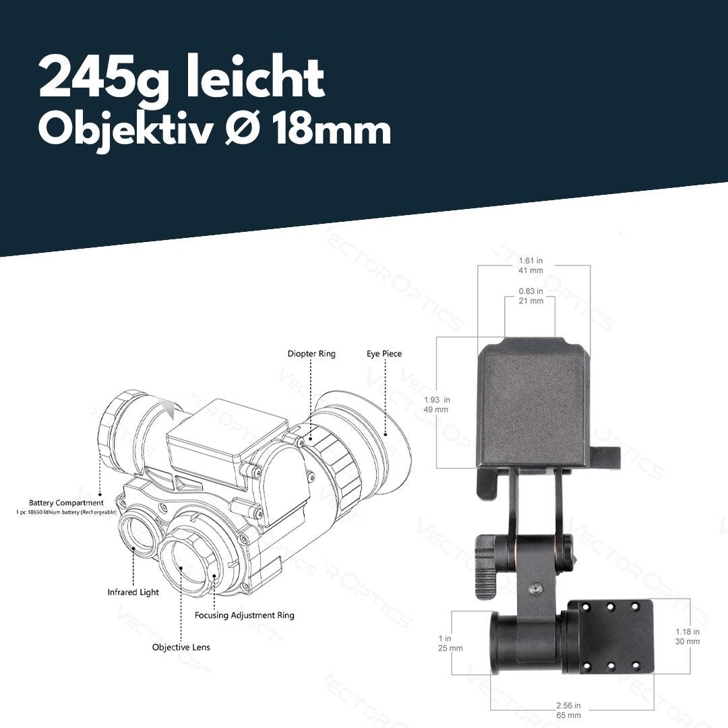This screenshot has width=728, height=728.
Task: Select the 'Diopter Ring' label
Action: (311, 354)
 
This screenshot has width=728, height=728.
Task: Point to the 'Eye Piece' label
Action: (384, 354)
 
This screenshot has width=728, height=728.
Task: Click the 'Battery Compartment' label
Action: (66, 503)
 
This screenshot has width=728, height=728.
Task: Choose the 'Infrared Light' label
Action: (133, 593)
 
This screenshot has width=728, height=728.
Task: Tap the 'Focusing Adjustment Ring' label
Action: (244, 615)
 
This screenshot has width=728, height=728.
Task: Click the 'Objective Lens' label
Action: (181, 647)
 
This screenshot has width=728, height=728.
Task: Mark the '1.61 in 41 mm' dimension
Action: (530, 265)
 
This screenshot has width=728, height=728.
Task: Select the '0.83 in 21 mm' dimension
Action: (530, 296)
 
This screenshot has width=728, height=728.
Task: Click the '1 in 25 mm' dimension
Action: (450, 643)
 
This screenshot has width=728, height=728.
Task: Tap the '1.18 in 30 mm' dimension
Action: (688, 636)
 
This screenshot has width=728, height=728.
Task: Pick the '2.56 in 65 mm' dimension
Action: (568, 710)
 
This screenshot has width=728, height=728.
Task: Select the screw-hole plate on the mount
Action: (611, 637)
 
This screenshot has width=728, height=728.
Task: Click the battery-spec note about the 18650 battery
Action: (66, 513)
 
